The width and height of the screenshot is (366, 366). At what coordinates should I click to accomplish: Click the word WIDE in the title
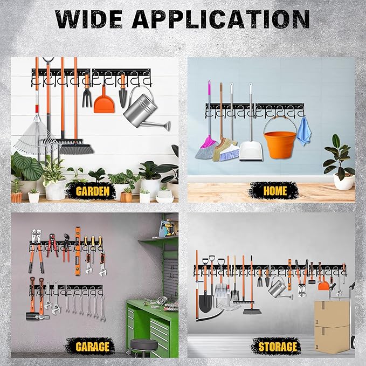pyautogui.click(x=89, y=19)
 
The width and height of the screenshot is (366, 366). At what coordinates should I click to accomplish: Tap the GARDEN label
pyautogui.click(x=93, y=191)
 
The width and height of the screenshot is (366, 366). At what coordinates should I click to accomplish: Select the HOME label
pyautogui.click(x=275, y=190)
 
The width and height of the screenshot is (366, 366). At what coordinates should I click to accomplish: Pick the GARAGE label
pyautogui.click(x=92, y=346)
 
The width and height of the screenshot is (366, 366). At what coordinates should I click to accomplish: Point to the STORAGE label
pyautogui.click(x=278, y=346)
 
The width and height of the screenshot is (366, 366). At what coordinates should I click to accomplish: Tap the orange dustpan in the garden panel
pyautogui.click(x=104, y=103)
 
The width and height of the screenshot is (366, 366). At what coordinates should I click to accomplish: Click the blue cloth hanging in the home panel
pyautogui.click(x=304, y=131)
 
